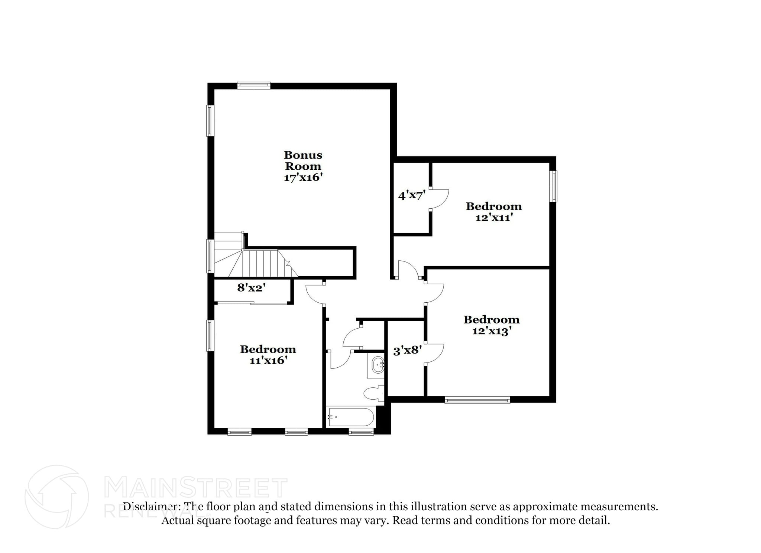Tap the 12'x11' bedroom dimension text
[494, 218]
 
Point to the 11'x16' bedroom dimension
[268, 360]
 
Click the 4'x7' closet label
[411, 195]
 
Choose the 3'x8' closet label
[407, 350]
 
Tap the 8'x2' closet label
[252, 287]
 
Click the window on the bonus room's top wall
[254, 85]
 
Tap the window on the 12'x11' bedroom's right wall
[554, 186]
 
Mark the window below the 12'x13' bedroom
[477, 400]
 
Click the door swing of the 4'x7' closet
[440, 199]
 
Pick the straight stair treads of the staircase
[263, 263]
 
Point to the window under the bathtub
[361, 431]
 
